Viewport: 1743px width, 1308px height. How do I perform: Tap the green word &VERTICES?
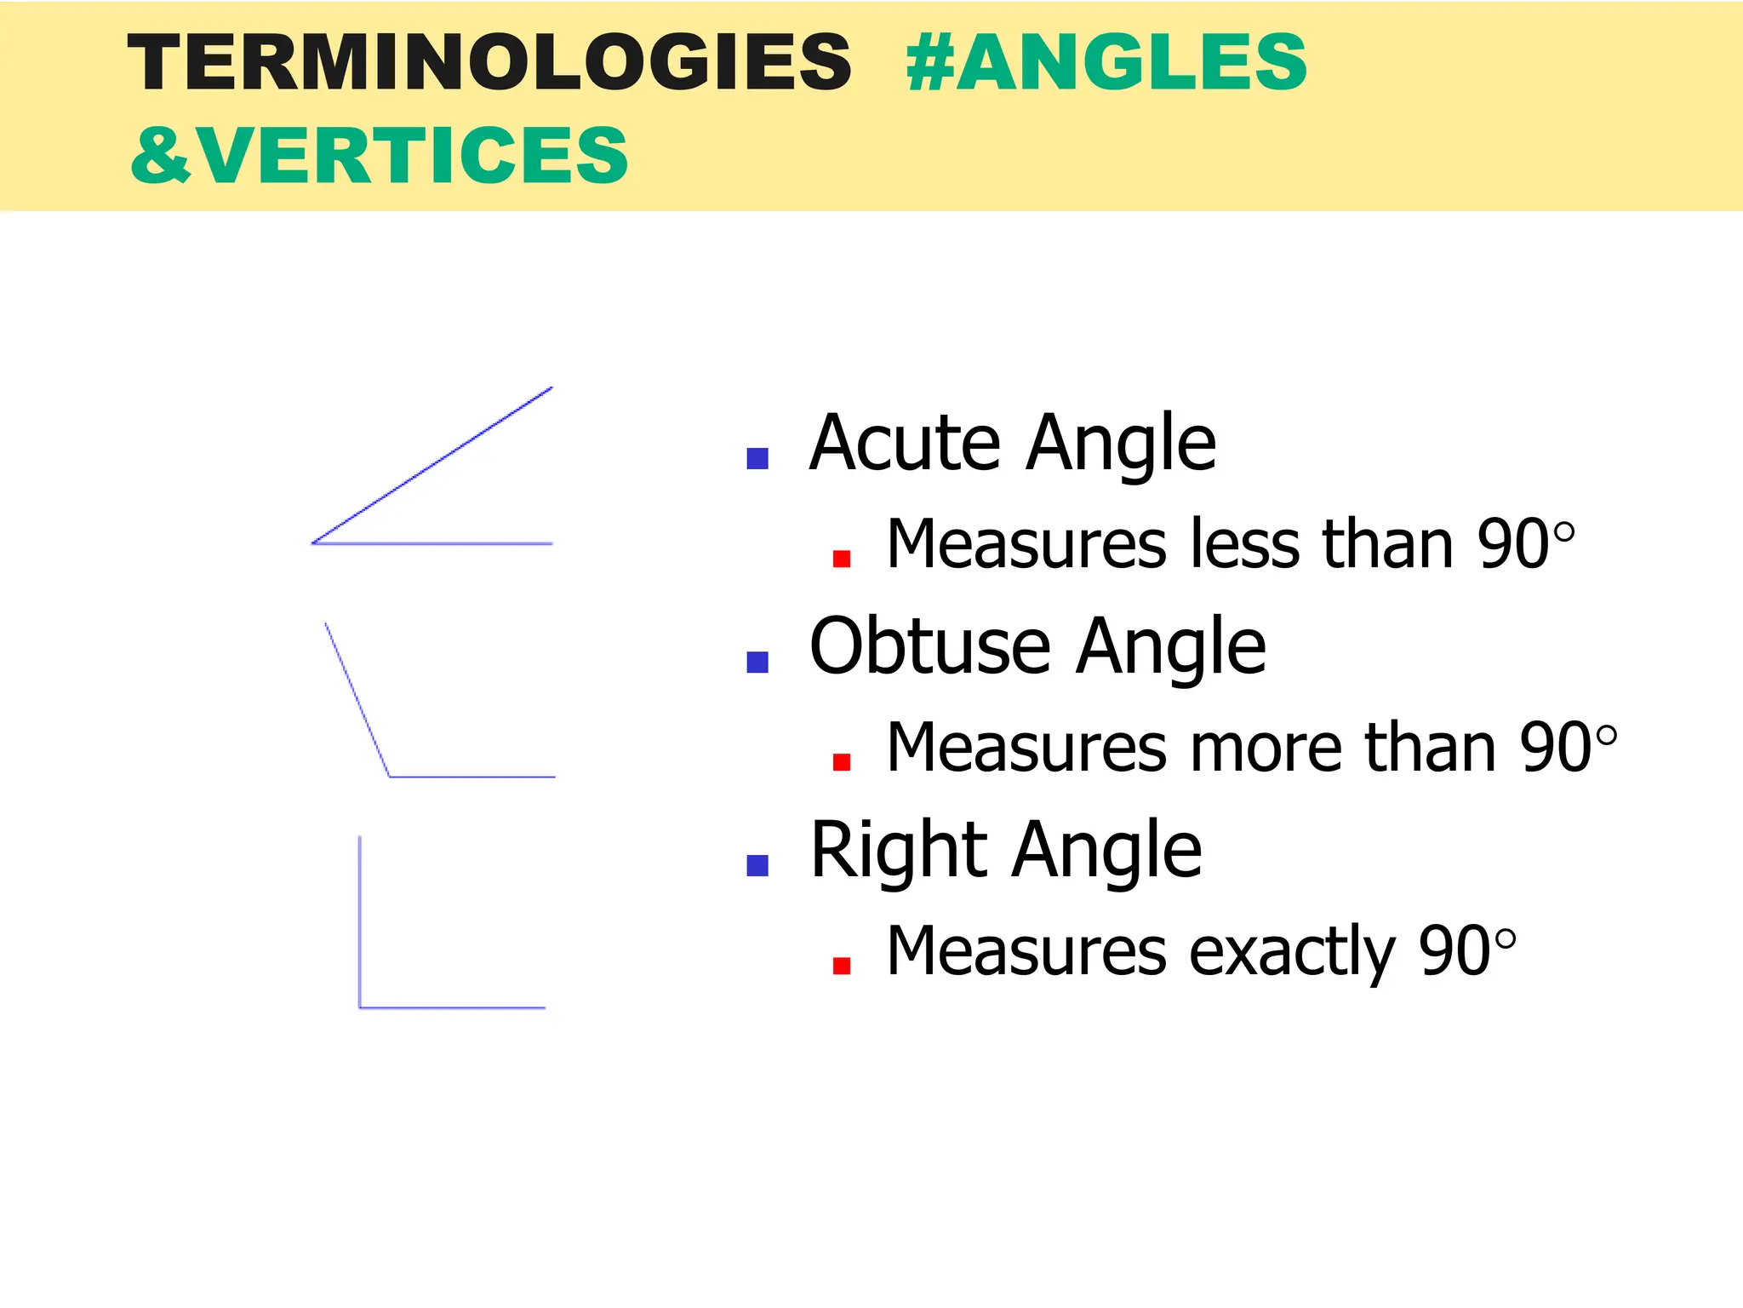coord(380,155)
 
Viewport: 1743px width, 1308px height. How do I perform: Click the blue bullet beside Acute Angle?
coord(757,459)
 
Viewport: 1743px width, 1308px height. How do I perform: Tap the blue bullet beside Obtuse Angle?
coord(757,662)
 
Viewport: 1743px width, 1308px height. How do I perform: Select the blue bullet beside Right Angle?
coord(757,865)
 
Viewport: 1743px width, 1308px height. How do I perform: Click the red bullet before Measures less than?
coord(842,559)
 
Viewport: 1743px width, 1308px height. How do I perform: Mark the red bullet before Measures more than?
coord(842,761)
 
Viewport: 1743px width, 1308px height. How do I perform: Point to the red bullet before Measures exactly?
coord(842,965)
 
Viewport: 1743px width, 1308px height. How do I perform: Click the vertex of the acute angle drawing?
coord(313,542)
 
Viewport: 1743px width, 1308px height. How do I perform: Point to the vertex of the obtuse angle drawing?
coord(390,777)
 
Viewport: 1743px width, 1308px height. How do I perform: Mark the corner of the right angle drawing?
coord(360,1007)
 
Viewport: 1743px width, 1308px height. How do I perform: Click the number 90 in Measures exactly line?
coord(1454,952)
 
